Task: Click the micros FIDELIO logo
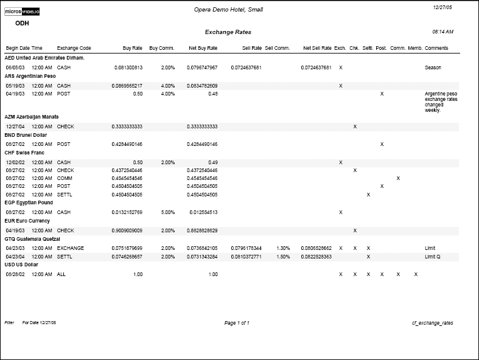click(x=22, y=12)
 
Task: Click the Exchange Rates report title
click(x=228, y=32)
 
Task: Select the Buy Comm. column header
click(x=162, y=47)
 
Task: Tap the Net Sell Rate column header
click(x=317, y=47)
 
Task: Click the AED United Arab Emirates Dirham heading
click(x=44, y=58)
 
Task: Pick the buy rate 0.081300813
click(x=128, y=67)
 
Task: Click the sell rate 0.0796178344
click(x=246, y=248)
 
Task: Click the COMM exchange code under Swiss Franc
click(x=64, y=178)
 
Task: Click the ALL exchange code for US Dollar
click(x=61, y=275)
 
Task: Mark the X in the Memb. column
click(x=416, y=275)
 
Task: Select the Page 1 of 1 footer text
click(x=237, y=323)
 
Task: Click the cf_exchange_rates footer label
click(x=432, y=323)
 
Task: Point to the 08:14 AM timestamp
click(x=442, y=31)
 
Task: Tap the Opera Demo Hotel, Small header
click(x=228, y=10)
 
